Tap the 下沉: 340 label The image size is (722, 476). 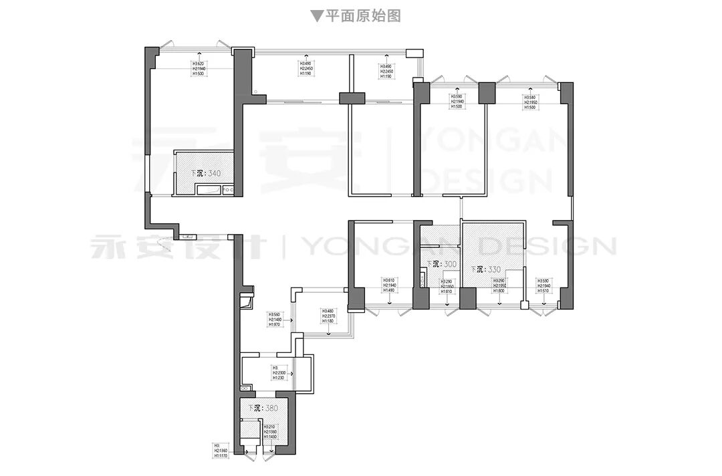coord(205,173)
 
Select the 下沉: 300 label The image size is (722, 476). coord(441,265)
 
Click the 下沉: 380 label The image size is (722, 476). coord(263,408)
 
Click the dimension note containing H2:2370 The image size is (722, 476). coord(330,316)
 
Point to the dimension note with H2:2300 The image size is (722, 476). coord(280,373)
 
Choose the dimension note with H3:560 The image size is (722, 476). coord(275,320)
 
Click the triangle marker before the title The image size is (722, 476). coord(317,16)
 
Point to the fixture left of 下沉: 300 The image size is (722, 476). coord(423,277)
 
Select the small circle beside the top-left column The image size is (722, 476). coord(255,92)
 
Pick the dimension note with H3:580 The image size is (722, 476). coord(530,102)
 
